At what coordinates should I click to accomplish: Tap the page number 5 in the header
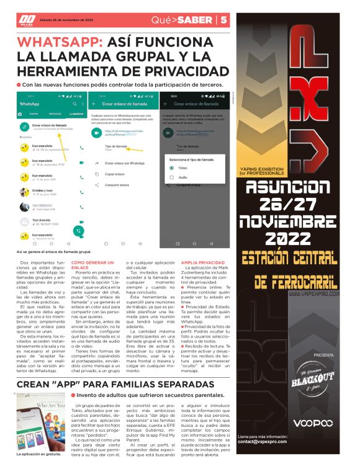[x=223, y=20]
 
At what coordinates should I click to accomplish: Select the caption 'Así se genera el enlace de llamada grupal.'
[x=54, y=252]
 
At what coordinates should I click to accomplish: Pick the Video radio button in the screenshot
[x=171, y=167]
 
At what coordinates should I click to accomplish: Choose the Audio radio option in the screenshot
[x=171, y=177]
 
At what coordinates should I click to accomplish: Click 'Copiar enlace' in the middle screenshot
[x=115, y=174]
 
